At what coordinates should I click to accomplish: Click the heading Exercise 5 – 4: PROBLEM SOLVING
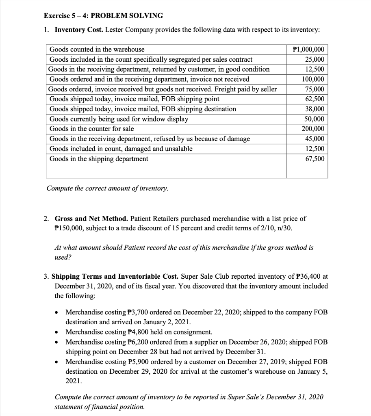point(103,15)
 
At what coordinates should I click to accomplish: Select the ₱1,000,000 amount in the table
point(308,50)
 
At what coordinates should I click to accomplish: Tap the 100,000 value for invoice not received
point(314,79)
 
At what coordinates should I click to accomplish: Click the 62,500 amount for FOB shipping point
point(316,99)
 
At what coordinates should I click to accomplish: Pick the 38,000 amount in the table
point(316,109)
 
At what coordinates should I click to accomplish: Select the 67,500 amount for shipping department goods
point(316,158)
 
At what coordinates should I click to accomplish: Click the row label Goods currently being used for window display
point(119,119)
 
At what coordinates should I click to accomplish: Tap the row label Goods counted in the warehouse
point(97,50)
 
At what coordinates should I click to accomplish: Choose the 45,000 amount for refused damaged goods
point(316,139)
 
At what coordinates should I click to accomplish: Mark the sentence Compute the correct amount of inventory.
point(107,188)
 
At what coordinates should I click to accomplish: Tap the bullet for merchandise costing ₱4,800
point(58,332)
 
